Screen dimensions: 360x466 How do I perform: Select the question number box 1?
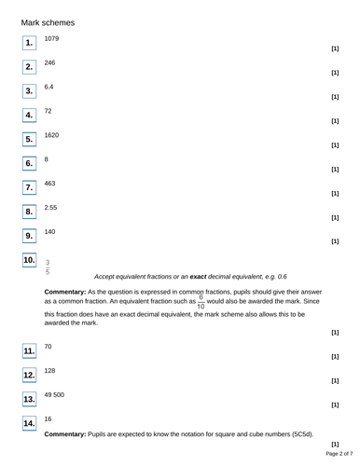coord(29,43)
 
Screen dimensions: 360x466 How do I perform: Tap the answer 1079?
coord(52,38)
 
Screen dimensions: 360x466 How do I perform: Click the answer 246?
coord(50,62)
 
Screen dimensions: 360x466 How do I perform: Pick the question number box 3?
coord(29,91)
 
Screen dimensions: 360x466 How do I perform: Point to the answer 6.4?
coord(49,87)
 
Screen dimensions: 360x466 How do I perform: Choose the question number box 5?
coord(29,140)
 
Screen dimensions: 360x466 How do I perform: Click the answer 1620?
coord(52,135)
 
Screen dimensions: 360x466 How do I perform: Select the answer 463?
coord(50,184)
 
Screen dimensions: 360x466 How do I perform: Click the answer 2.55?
coord(51,208)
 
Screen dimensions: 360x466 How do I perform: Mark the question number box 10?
coord(29,260)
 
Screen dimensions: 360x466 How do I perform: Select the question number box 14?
coord(29,424)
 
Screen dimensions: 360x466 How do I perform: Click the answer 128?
coord(50,370)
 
